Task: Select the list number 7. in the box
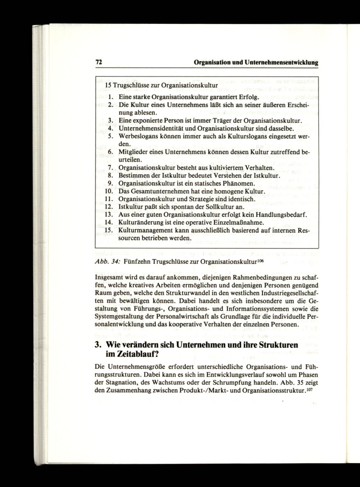pos(111,168)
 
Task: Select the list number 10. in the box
pos(109,191)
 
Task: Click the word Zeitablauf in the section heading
pos(129,354)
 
